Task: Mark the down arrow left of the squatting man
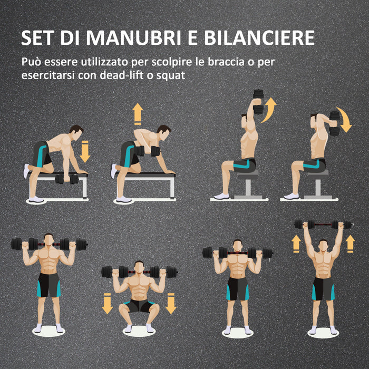point(108,303)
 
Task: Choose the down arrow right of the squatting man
point(171,303)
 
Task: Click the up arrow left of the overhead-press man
point(296,243)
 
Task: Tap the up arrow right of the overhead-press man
point(350,243)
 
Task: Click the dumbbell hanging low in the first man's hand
point(67,179)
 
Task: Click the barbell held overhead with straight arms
point(323,225)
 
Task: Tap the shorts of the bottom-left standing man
point(49,285)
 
